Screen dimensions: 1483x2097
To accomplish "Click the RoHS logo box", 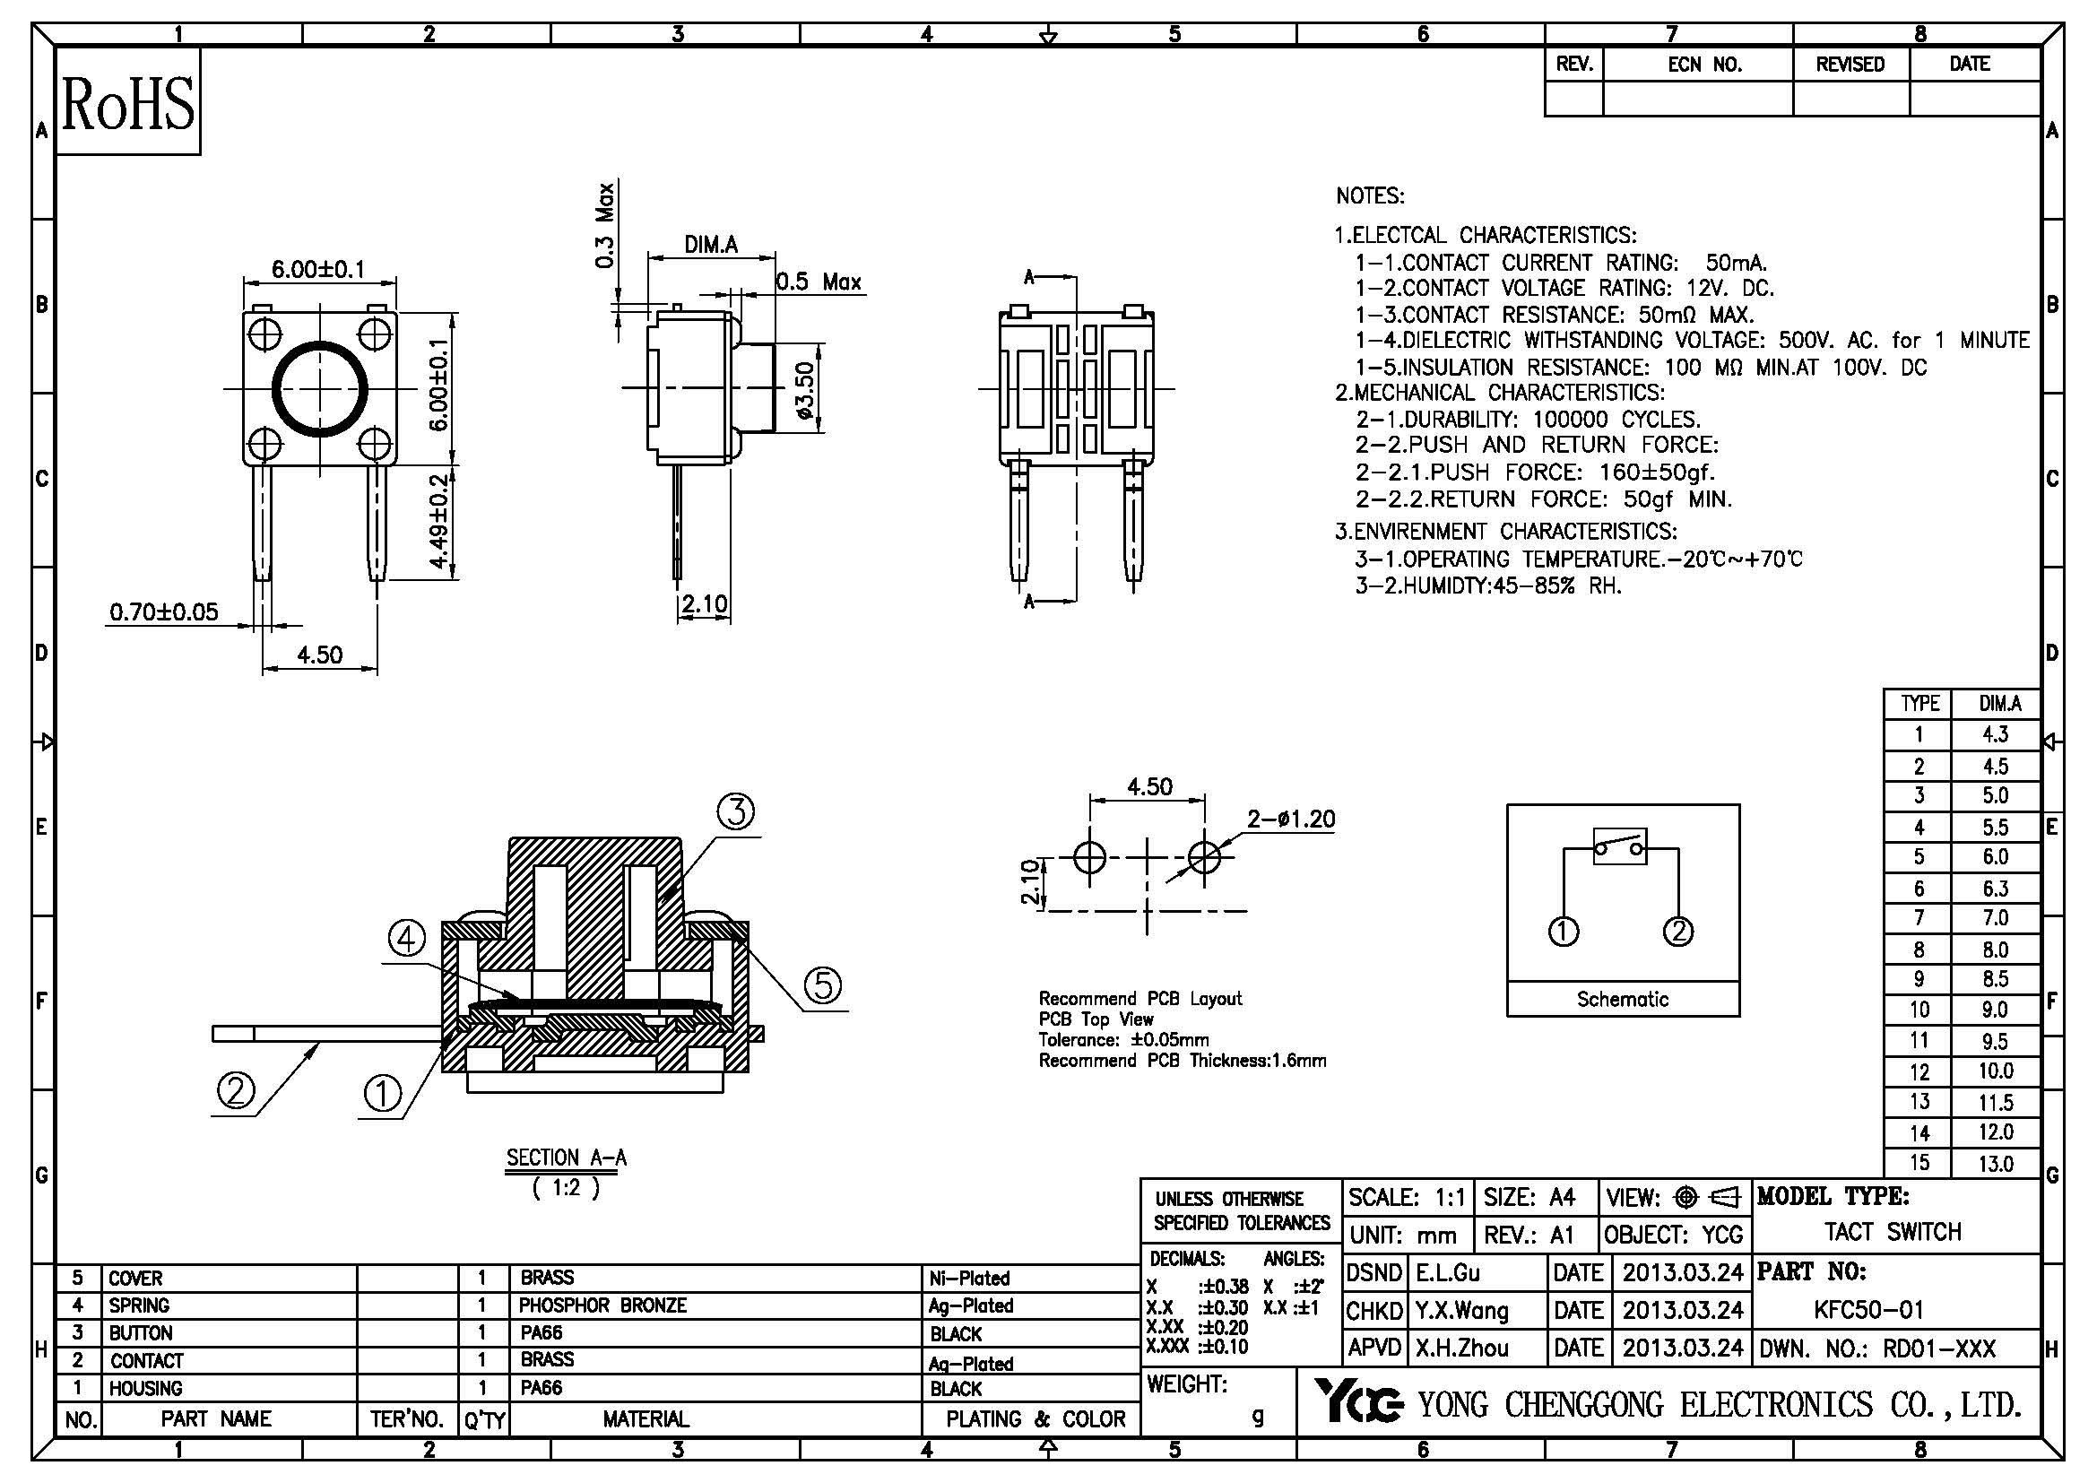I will pos(128,102).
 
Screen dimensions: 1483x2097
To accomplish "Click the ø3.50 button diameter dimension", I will pos(804,390).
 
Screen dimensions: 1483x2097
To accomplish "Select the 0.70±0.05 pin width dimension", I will pos(163,611).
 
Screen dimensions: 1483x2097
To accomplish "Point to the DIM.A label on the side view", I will pos(711,245).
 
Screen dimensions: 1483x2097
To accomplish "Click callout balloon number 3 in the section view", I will pos(735,811).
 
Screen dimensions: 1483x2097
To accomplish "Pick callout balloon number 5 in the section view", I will pos(823,985).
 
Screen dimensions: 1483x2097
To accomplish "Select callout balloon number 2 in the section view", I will pos(236,1090).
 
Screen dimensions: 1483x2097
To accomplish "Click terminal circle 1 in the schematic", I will pos(1563,932).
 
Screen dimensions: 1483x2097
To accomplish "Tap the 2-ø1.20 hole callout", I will pos(1290,820).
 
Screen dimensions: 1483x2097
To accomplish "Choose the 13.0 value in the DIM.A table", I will pos(1996,1164).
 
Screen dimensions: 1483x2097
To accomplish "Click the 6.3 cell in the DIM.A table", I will pos(1996,889).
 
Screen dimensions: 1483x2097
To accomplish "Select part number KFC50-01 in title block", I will pos(1868,1311).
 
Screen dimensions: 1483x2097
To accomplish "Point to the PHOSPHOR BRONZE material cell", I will pos(602,1305).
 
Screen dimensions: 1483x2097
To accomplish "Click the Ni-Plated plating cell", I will pos(969,1279).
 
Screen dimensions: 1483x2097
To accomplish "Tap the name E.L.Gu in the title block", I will pos(1448,1273).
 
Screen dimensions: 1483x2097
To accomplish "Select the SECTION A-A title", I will pos(567,1158).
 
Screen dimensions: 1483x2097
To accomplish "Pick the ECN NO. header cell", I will pos(1704,65).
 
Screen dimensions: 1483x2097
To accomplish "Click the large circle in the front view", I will pos(321,390).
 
